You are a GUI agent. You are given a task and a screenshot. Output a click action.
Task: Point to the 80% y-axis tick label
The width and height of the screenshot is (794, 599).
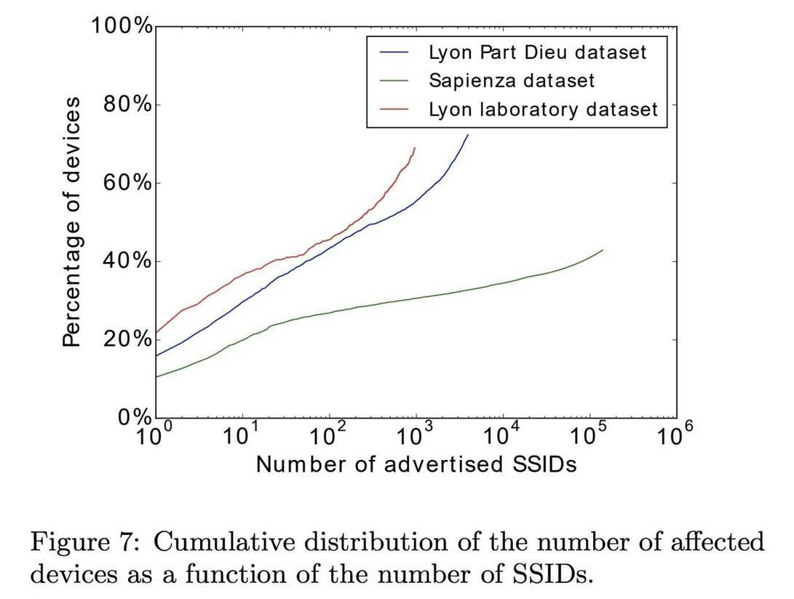(x=127, y=105)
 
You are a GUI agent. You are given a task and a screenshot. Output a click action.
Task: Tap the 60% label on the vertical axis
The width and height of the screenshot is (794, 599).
(x=127, y=183)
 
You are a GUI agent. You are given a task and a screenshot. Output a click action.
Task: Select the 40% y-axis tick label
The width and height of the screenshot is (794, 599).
(x=127, y=261)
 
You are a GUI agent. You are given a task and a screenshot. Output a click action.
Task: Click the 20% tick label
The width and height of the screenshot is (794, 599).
(x=127, y=340)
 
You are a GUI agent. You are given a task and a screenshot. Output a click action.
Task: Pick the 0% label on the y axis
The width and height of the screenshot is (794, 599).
(x=135, y=417)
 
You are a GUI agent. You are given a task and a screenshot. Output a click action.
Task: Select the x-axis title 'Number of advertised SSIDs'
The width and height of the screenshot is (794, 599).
(x=416, y=464)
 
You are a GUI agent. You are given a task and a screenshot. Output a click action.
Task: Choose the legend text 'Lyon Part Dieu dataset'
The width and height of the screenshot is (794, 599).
(x=537, y=52)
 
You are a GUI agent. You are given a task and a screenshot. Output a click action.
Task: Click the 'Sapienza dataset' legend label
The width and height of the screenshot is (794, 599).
(x=512, y=80)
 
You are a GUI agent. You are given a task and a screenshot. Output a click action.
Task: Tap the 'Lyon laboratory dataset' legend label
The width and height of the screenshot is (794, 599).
(x=542, y=109)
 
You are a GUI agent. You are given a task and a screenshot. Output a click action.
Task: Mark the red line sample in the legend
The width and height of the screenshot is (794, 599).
(x=394, y=109)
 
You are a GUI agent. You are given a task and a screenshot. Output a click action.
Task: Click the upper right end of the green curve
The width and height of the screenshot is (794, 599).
(x=603, y=250)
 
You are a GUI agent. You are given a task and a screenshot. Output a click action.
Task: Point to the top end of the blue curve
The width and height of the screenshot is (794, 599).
(x=468, y=135)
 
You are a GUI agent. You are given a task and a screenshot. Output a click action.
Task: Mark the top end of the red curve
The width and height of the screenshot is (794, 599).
(x=415, y=148)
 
